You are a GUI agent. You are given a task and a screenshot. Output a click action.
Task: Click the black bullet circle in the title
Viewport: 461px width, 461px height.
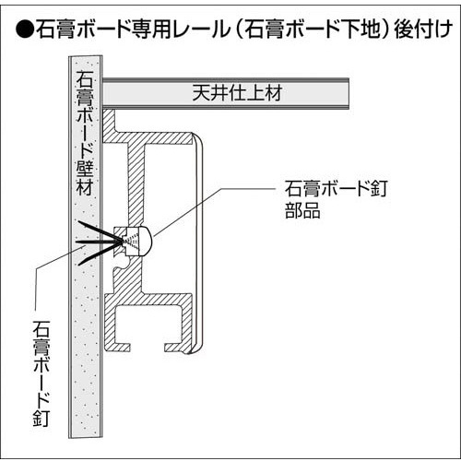25,30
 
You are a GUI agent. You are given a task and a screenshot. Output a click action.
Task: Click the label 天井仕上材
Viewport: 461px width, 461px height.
237,93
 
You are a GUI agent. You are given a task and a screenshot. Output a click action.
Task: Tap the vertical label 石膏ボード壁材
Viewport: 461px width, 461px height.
85,133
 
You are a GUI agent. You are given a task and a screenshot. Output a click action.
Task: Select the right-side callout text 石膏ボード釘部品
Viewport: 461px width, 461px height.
337,199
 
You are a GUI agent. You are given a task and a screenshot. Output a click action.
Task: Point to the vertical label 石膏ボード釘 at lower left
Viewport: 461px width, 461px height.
41,373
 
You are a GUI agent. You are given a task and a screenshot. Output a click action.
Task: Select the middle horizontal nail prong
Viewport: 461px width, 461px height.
99,242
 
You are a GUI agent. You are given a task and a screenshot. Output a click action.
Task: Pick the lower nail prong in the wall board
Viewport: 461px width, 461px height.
100,254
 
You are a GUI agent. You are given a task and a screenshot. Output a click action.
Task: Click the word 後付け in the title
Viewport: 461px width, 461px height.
423,30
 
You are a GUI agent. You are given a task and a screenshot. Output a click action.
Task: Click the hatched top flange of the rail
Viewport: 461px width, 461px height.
148,137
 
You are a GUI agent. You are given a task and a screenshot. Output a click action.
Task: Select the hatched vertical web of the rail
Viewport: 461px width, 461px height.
136,185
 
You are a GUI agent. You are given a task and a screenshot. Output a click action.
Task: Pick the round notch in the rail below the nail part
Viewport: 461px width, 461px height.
125,263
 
